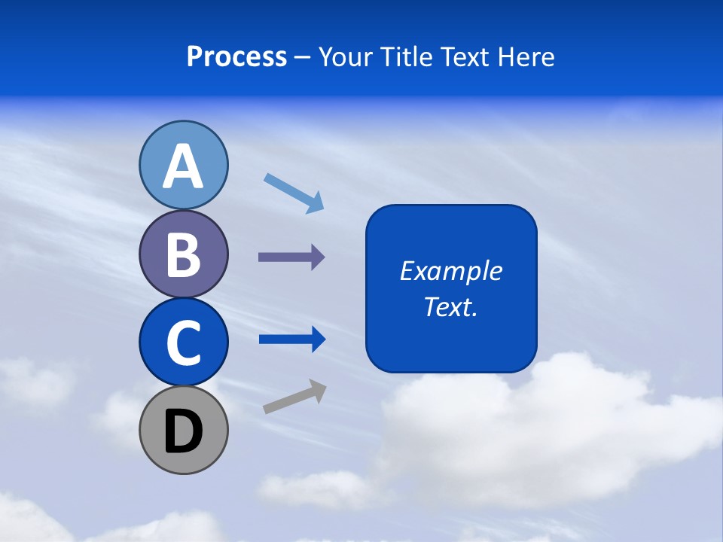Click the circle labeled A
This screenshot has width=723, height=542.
coord(183,165)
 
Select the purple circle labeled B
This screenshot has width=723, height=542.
coord(183,254)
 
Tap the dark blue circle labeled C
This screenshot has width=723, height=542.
coord(183,342)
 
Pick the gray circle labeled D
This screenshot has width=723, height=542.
coord(183,431)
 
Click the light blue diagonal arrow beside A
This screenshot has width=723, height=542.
coord(294,193)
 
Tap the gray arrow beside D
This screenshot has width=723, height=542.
coord(294,397)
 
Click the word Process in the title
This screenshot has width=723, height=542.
coord(236,56)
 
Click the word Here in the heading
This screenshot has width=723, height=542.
coord(527,56)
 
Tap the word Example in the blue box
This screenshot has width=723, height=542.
coord(450,271)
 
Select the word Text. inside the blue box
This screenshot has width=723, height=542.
coord(450,306)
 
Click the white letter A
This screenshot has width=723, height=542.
coord(183,166)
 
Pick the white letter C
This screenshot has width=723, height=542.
coord(183,343)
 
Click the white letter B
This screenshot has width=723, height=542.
coord(183,254)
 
